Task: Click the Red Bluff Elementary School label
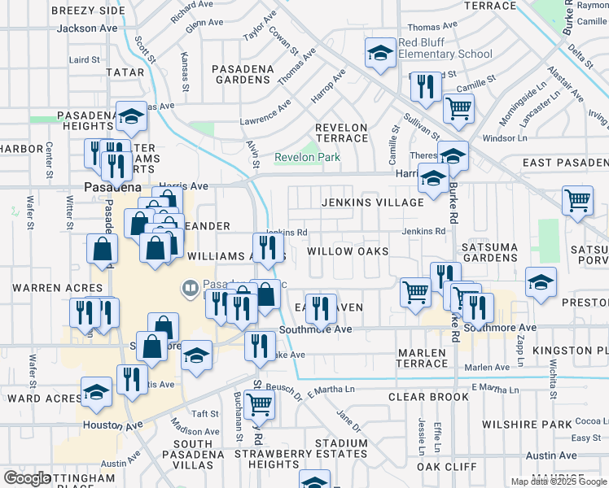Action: [445, 48]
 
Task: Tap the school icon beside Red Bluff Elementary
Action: [380, 54]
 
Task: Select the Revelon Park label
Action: [307, 157]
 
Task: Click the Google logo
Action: [27, 478]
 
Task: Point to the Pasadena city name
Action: [112, 187]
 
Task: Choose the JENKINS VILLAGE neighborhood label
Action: [372, 202]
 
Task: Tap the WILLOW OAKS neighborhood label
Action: [348, 251]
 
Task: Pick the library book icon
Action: [191, 288]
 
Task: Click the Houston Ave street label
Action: [111, 425]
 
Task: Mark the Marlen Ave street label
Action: [487, 367]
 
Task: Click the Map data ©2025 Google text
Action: [559, 481]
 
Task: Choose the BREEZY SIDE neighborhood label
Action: [88, 11]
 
